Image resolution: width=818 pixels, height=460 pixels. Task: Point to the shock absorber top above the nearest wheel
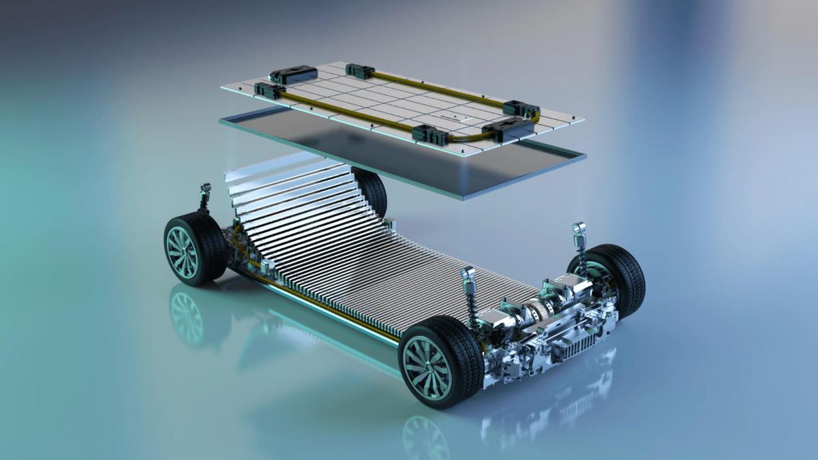[x=468, y=275]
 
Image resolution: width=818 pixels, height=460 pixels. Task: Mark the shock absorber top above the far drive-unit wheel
[x=579, y=229]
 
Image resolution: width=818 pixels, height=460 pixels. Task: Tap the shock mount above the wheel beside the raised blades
[x=205, y=189]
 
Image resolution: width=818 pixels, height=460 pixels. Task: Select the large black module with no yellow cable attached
[x=294, y=74]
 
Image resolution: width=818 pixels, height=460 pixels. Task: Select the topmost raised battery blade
[x=273, y=164]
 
